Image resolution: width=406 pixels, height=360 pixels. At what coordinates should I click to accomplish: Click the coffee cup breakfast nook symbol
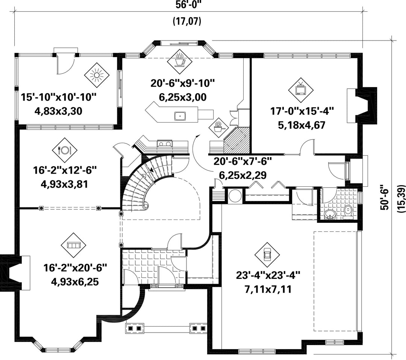pyautogui.click(x=180, y=62)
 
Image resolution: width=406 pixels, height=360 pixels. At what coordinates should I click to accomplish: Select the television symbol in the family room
pyautogui.click(x=301, y=90)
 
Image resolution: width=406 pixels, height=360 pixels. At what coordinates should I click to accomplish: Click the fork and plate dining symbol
pyautogui.click(x=65, y=150)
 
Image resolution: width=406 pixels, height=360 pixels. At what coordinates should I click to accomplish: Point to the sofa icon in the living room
pyautogui.click(x=73, y=245)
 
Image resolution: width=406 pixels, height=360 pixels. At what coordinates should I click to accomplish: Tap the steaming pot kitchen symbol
pyautogui.click(x=219, y=126)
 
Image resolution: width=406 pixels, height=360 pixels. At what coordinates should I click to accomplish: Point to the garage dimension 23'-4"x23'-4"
pyautogui.click(x=268, y=275)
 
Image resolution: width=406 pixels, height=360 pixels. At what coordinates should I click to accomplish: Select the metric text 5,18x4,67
pyautogui.click(x=302, y=125)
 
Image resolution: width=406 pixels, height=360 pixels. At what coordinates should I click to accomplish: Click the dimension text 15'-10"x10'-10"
pyautogui.click(x=59, y=98)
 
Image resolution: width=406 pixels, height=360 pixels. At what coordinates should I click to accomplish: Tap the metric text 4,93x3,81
pyautogui.click(x=65, y=184)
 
